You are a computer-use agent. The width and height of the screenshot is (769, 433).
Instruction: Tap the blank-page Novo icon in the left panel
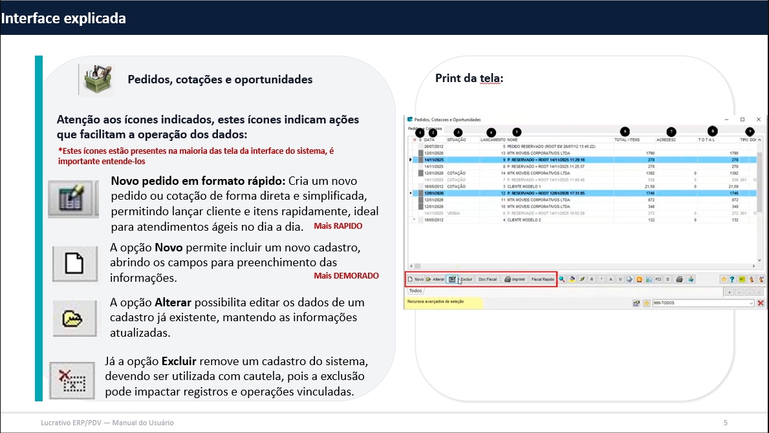[x=74, y=264]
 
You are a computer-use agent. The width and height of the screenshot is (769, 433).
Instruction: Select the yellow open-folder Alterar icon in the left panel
[x=74, y=317]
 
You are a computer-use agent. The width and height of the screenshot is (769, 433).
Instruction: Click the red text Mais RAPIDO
[x=338, y=227]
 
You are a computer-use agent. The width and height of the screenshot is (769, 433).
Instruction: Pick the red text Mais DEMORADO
[x=347, y=276]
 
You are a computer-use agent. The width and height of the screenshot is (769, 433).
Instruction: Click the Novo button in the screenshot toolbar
[x=415, y=279]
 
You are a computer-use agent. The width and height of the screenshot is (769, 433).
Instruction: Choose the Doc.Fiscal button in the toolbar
[x=487, y=279]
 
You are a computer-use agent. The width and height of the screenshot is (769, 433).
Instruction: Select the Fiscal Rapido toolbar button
[x=543, y=279]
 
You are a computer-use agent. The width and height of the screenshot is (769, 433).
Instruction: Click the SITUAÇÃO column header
[x=457, y=140]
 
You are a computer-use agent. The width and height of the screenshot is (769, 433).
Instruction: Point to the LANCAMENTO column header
[x=493, y=140]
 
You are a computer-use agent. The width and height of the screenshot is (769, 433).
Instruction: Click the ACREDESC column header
[x=667, y=140]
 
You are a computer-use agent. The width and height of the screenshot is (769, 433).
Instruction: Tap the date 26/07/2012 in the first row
[x=433, y=147]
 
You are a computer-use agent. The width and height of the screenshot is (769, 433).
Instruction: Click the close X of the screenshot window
[x=756, y=120]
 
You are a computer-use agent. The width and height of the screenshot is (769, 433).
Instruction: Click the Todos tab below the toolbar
[x=417, y=291]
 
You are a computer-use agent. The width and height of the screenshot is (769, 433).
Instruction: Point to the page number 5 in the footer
[x=726, y=423]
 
